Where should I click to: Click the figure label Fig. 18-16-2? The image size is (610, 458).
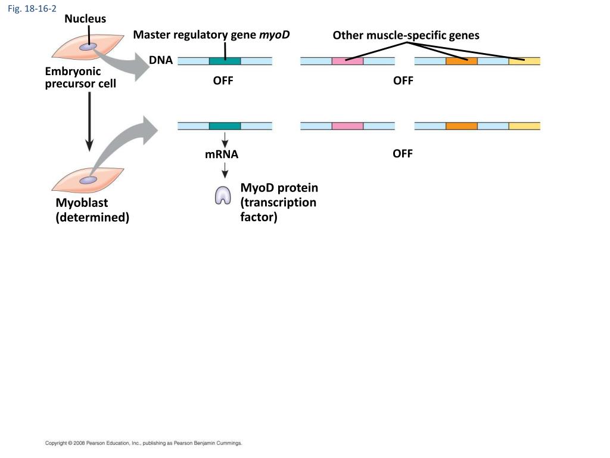click(x=32, y=8)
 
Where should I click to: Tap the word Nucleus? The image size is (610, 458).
click(x=85, y=18)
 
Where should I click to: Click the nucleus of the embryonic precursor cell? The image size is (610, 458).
click(x=88, y=47)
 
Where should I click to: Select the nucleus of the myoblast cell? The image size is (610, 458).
click(x=88, y=180)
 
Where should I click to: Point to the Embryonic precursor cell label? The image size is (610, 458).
click(x=80, y=77)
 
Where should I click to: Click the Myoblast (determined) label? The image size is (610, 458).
click(x=92, y=210)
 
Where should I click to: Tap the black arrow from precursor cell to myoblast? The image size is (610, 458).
click(x=89, y=122)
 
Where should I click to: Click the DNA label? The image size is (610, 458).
click(x=161, y=60)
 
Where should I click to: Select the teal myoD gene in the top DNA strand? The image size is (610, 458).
click(x=225, y=61)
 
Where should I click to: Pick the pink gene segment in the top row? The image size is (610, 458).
click(x=348, y=61)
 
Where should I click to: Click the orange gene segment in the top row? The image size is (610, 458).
click(x=462, y=61)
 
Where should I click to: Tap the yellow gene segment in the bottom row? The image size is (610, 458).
click(x=524, y=126)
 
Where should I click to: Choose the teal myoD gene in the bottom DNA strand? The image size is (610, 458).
click(x=225, y=126)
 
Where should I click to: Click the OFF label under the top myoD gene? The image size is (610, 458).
click(x=223, y=81)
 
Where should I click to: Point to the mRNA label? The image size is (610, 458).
click(x=222, y=154)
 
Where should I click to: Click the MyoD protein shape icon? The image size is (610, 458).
click(x=223, y=195)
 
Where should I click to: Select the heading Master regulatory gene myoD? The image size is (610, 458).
click(x=211, y=35)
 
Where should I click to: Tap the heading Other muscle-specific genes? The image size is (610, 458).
click(x=406, y=35)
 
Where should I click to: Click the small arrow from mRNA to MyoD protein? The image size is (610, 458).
click(x=225, y=170)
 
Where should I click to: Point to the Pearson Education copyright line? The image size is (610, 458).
click(x=144, y=443)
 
